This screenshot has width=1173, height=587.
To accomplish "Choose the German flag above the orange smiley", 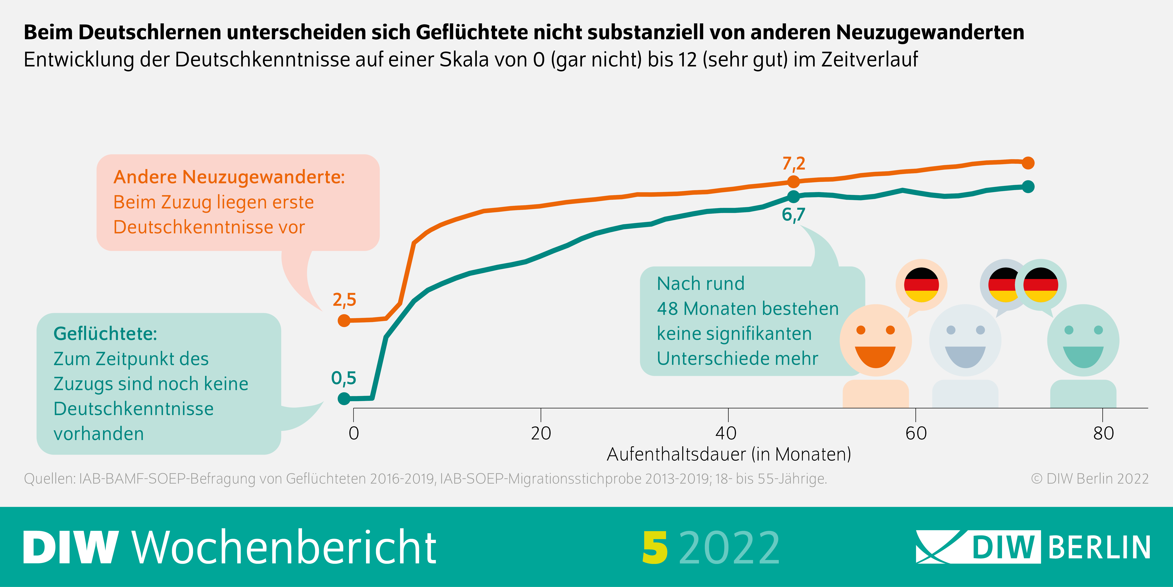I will pyautogui.click(x=921, y=285).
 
